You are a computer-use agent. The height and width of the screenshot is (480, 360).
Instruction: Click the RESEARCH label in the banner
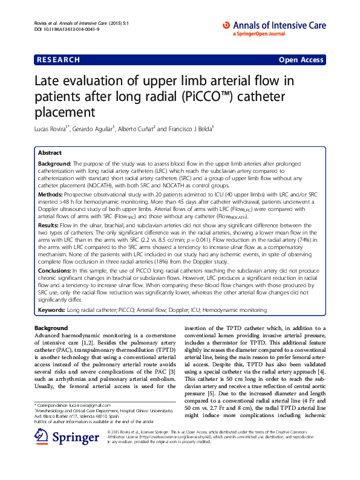[x=58, y=60]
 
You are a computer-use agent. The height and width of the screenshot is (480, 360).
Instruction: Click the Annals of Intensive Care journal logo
[x=276, y=25]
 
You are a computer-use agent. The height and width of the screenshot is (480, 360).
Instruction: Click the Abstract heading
[x=50, y=154]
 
